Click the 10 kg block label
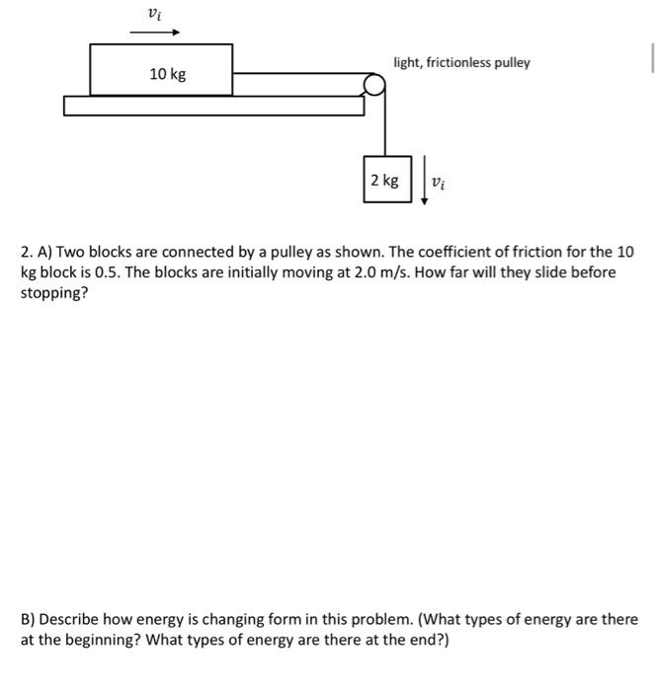pyautogui.click(x=167, y=74)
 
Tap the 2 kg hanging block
pyautogui.click(x=385, y=180)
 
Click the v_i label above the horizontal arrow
pyautogui.click(x=152, y=13)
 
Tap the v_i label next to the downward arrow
pyautogui.click(x=441, y=183)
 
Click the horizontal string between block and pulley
pyautogui.click(x=296, y=73)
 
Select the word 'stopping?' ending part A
pyautogui.click(x=54, y=293)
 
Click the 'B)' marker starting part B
pyautogui.click(x=28, y=619)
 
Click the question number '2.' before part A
pyautogui.click(x=27, y=251)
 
